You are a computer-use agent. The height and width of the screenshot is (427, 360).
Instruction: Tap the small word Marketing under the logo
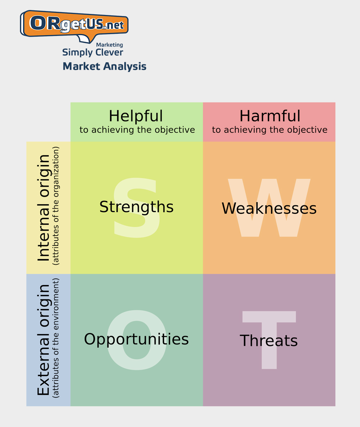point(109,45)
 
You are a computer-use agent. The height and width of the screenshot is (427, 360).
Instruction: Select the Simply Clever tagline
point(93,53)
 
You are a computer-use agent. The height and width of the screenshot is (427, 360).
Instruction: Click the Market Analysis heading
point(104,67)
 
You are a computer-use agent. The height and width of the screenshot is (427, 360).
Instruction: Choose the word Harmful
point(270,116)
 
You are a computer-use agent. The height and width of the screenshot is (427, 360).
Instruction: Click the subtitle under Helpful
point(137,130)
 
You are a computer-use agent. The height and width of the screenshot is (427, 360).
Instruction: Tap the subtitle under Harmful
point(270,130)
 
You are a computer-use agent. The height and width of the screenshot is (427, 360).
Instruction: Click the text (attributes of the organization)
point(56,206)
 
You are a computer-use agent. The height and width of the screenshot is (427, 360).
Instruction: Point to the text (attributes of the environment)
point(56,338)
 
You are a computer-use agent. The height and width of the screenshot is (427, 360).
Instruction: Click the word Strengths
point(136,207)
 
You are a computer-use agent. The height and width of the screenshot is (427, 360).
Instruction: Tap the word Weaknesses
point(269,209)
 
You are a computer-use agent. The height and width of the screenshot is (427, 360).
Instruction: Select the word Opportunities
point(136,339)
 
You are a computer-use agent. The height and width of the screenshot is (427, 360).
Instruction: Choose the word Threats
point(269,341)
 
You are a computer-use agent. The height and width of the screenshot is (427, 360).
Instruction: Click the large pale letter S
point(137,207)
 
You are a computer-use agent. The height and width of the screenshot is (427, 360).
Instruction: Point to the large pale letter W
point(269,208)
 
